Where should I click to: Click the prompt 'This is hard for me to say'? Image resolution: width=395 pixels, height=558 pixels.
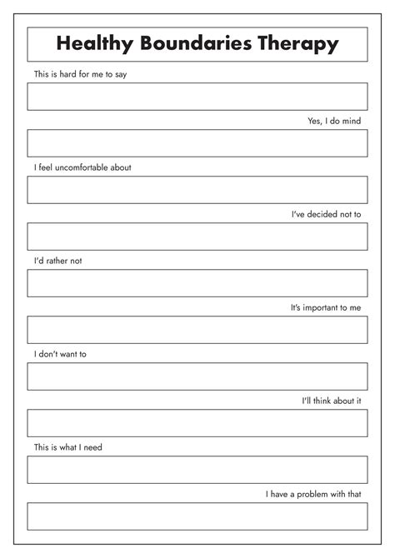point(81,74)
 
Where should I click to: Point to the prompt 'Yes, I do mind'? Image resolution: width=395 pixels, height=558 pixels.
point(334,121)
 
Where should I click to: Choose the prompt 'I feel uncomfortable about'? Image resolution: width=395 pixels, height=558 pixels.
point(82,167)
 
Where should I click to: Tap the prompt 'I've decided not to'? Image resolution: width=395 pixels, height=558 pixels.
point(326,214)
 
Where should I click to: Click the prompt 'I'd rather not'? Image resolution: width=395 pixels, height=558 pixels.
point(57,261)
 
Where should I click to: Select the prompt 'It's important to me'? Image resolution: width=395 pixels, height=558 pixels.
point(326,307)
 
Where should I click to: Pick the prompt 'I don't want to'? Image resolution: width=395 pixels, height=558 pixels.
point(60,354)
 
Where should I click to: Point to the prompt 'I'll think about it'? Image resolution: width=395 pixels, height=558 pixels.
point(331,401)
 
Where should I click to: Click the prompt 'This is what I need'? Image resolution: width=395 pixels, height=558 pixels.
point(68,447)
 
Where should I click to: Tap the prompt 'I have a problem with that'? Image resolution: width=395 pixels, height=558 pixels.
point(313,494)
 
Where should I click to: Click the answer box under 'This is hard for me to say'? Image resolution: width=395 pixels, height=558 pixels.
point(197,97)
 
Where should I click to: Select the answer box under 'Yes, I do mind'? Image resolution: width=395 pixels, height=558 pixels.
point(197,143)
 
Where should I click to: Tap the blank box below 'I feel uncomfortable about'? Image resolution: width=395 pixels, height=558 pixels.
point(197,190)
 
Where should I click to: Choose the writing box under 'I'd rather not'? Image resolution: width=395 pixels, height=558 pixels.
point(197,283)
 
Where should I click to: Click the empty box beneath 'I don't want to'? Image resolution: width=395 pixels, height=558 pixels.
point(197,376)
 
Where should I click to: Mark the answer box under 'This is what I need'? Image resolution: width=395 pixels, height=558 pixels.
point(197,470)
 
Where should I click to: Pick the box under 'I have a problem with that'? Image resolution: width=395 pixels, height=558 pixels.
point(197,516)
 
